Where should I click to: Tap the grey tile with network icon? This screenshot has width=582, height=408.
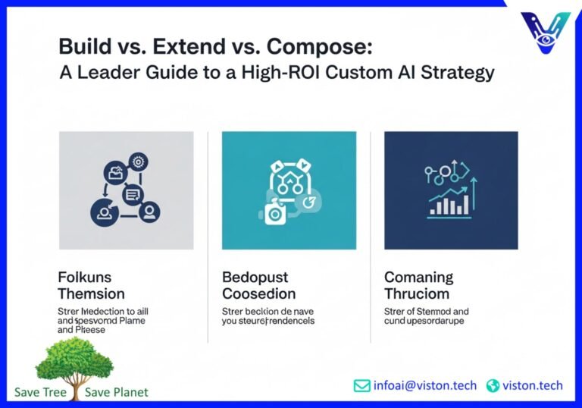coord(126,190)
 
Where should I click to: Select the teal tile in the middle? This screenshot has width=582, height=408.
coord(289,190)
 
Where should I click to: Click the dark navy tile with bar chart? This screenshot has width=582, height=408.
coord(451,190)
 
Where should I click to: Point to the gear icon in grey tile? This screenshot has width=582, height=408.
coord(138,162)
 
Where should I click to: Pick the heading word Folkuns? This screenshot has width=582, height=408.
coord(85,277)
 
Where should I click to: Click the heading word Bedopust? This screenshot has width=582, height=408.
coord(255,277)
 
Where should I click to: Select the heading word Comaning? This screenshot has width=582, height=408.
coord(418,277)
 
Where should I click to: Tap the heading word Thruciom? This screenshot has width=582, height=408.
coord(416,293)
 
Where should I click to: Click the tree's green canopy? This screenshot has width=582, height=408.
coord(74,358)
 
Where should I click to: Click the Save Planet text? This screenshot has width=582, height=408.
coord(117,392)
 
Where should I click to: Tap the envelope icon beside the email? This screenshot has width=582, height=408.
coord(362,385)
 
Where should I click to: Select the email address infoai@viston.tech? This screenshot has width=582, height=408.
coord(425,385)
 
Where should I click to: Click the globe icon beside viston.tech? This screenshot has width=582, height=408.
coord(493,385)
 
